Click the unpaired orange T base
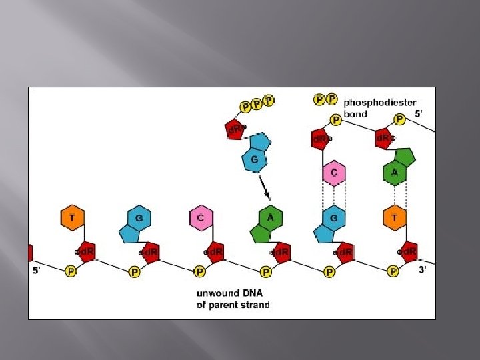click(x=72, y=217)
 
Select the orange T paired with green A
click(x=395, y=217)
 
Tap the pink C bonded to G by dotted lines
click(x=333, y=173)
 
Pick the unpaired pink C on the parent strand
click(x=201, y=217)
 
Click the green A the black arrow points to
click(x=270, y=217)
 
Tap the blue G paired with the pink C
click(x=333, y=219)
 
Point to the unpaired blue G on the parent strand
click(x=137, y=219)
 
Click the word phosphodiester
click(x=380, y=103)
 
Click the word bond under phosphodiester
click(x=355, y=114)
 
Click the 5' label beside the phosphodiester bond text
click(x=418, y=114)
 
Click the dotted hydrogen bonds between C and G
click(x=333, y=196)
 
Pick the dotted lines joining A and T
click(x=395, y=195)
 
